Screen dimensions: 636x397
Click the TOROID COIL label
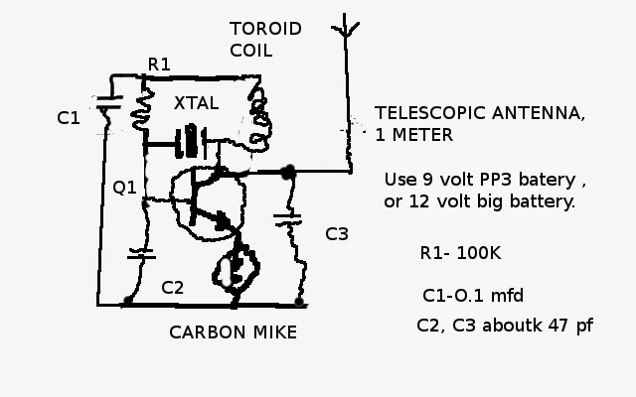265,40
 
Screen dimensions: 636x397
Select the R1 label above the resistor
159,65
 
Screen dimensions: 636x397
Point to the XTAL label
197,103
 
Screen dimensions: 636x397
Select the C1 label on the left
69,118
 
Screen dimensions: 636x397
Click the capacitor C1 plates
108,102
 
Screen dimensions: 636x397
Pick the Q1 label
124,188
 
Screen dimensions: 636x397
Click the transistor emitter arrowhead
223,220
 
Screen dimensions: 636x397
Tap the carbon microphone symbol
236,268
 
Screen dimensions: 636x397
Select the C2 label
172,288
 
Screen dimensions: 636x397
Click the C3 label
337,234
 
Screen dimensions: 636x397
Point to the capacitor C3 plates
287,219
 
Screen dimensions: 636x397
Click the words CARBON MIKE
234,332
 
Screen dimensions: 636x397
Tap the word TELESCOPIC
430,113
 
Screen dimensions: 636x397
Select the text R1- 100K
461,253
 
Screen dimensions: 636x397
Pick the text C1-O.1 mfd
473,296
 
